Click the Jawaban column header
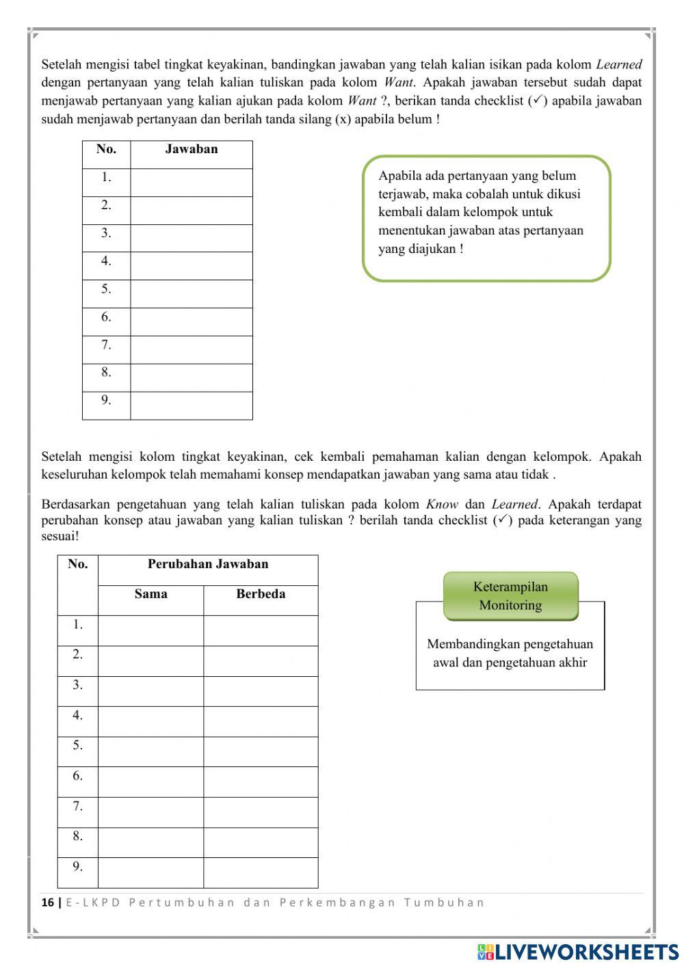coord(191,149)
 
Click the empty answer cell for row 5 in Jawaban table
coord(191,294)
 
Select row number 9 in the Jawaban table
coord(106,401)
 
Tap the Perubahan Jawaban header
coord(208,565)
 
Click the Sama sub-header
coord(150,594)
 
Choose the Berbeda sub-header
coord(261,594)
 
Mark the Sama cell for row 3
coord(150,691)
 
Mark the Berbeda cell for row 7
coord(261,812)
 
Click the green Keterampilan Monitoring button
coord(510,596)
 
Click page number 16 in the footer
coord(48,902)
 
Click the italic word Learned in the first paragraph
coord(618,65)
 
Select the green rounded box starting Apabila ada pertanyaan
coord(486,218)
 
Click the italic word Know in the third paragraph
coord(441,505)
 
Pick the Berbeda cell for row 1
coord(261,630)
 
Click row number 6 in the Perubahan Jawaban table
coord(78,776)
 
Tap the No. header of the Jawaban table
coord(106,149)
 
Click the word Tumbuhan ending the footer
coord(444,902)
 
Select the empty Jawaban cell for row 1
coord(191,183)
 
